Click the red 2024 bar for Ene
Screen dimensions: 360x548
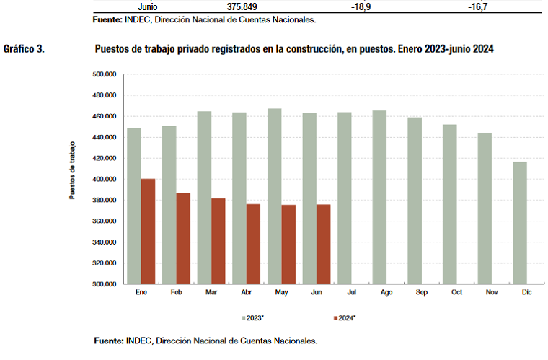148,231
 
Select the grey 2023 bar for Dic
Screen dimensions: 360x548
519,222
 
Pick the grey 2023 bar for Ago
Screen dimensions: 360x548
379,197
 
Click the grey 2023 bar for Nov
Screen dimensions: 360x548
484,208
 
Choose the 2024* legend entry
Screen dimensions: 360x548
347,317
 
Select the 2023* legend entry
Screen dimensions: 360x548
254,317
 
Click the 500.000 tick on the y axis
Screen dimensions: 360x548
105,74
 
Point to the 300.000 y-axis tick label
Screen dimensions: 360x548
105,284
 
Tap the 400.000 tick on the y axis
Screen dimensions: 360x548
105,180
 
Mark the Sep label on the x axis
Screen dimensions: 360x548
422,293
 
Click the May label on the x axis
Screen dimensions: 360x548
281,293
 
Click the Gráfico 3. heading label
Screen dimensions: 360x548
25,49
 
